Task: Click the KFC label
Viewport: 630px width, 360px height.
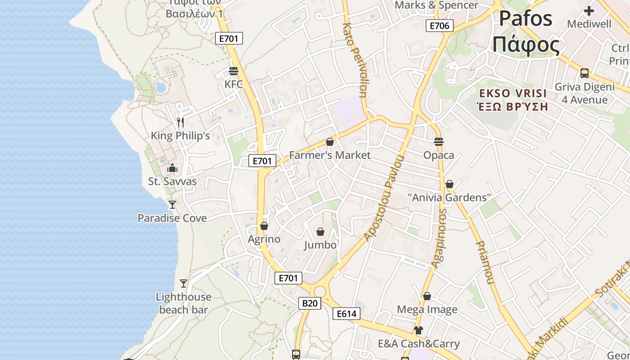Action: click(x=233, y=84)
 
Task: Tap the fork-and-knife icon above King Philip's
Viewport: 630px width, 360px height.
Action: click(x=180, y=122)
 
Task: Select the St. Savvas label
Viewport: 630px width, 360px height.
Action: click(x=172, y=181)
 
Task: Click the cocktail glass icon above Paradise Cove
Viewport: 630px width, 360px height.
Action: click(x=172, y=205)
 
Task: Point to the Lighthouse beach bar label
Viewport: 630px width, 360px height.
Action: click(x=184, y=303)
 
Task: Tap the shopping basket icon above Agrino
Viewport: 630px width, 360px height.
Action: click(x=264, y=226)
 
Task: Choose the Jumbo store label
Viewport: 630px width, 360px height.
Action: click(x=320, y=245)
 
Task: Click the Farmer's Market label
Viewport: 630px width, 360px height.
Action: click(x=330, y=155)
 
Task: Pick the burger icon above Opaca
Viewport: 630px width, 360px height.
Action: click(x=439, y=142)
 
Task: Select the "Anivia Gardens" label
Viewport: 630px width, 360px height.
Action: click(x=449, y=198)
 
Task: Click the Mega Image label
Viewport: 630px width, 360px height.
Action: click(x=427, y=310)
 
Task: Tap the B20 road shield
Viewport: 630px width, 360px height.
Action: click(x=310, y=303)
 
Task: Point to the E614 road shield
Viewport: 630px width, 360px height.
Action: click(x=346, y=314)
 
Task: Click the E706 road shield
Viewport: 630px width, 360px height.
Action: click(x=439, y=26)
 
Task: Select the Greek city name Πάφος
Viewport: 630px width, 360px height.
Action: click(x=526, y=45)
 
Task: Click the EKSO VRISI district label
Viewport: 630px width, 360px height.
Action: click(x=513, y=94)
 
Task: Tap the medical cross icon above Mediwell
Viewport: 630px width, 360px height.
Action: click(x=589, y=11)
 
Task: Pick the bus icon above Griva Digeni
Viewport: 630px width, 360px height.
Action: click(x=585, y=73)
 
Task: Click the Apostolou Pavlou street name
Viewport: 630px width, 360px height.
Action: click(x=384, y=198)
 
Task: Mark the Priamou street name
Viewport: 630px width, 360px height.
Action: click(x=484, y=262)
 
